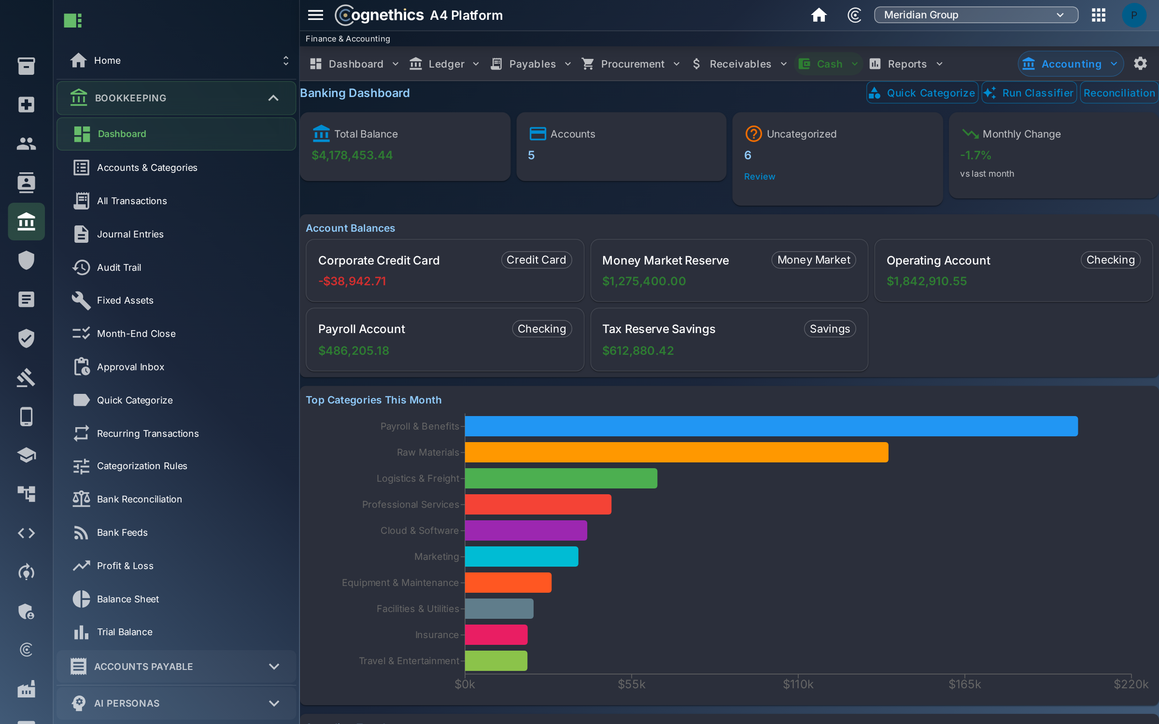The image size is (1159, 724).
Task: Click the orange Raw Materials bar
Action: pos(676,452)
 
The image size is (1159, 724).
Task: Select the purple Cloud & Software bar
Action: pos(526,530)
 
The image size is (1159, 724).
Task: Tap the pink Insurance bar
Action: pos(496,635)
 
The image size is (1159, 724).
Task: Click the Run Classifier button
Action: pos(1029,93)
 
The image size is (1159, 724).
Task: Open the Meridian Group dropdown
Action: pos(975,15)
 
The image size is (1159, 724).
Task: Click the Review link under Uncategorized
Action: pos(759,177)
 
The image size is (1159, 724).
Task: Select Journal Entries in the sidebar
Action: pos(130,234)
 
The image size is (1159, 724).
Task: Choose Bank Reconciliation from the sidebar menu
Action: pos(139,499)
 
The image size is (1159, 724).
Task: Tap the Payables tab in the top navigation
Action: pos(532,64)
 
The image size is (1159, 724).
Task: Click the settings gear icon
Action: pos(1140,64)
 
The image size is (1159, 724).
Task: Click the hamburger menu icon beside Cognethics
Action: pos(315,15)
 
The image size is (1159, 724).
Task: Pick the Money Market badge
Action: pos(813,260)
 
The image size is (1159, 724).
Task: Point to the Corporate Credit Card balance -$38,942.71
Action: pos(352,281)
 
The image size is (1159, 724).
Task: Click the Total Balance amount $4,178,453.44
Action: pos(352,155)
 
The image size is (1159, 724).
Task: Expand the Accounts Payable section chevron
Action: pos(274,667)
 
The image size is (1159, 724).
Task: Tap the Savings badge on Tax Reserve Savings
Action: pos(830,329)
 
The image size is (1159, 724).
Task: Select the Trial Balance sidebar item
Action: pos(125,632)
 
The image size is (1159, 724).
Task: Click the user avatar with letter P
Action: pos(1134,15)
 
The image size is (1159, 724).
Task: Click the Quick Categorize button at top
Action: pos(922,93)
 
